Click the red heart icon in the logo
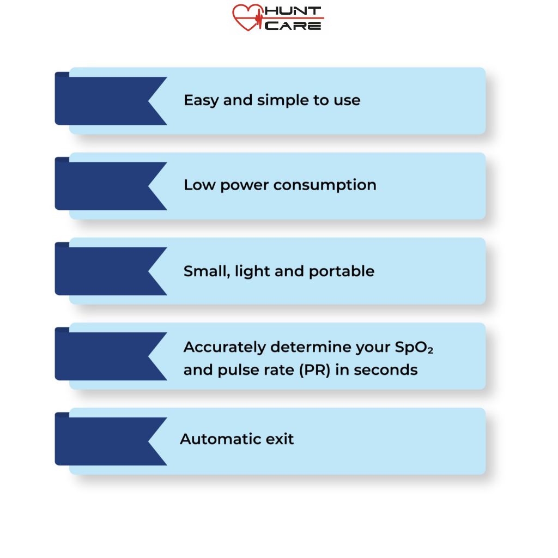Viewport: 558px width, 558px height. click(248, 17)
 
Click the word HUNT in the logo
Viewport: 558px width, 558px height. click(293, 11)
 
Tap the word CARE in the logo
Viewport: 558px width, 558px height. click(293, 25)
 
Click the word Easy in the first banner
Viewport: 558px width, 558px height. click(201, 101)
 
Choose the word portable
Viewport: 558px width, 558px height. click(342, 271)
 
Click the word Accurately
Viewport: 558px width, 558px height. click(225, 347)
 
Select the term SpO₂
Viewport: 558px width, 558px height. click(414, 347)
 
